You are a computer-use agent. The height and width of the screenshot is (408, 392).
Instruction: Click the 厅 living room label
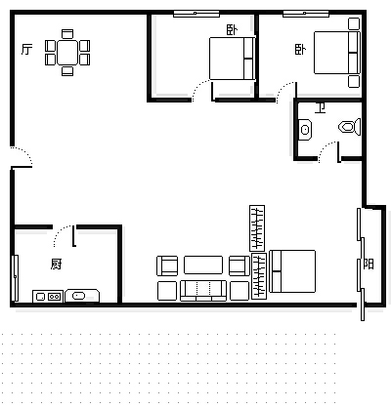[27, 50]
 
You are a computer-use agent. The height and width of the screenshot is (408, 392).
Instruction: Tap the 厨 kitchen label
[56, 264]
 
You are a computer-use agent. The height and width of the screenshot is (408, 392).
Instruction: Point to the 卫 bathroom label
[321, 107]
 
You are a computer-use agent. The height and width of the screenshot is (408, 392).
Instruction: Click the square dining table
[67, 53]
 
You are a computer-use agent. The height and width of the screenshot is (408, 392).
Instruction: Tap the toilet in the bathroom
[349, 127]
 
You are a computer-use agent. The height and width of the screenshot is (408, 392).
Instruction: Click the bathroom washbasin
[305, 130]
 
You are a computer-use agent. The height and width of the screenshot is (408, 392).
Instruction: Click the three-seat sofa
[203, 290]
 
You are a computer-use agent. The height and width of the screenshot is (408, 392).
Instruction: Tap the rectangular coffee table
[203, 265]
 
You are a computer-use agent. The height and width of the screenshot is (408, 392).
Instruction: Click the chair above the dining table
[67, 34]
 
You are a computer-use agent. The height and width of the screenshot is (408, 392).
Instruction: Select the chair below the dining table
[67, 71]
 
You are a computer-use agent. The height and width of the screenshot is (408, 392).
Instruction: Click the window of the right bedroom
[306, 14]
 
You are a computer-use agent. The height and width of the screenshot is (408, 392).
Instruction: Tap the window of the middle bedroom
[196, 14]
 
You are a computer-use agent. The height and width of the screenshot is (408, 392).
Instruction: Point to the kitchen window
[15, 278]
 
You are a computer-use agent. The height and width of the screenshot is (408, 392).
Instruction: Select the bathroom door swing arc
[325, 147]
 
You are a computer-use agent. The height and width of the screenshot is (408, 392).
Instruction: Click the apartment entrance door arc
[26, 152]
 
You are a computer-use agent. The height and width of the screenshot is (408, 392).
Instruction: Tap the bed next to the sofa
[292, 271]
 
